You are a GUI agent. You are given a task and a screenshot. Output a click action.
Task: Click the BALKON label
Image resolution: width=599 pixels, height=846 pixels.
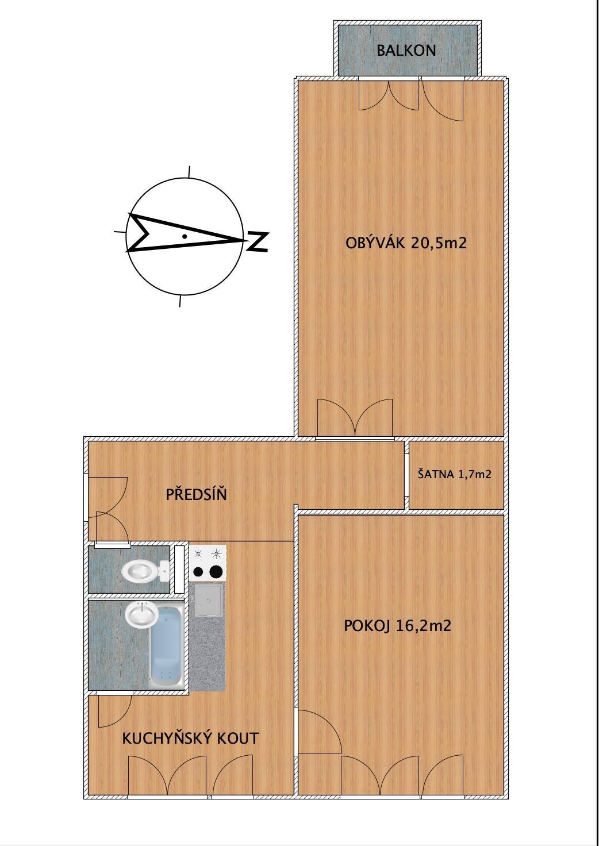pos(406,50)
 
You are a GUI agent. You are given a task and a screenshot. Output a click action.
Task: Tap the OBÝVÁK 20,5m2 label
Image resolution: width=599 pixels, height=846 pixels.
pos(406,243)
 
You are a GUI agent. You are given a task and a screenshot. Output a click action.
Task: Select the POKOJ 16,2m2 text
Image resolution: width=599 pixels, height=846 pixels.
pos(397,626)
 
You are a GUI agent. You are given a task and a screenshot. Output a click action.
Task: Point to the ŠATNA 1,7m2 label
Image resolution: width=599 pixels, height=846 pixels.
pos(455,474)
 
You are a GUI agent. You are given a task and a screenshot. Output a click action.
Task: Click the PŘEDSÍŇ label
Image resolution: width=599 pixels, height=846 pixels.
pos(197,494)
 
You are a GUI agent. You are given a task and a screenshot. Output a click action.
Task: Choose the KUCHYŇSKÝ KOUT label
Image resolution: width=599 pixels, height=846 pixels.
pos(190,738)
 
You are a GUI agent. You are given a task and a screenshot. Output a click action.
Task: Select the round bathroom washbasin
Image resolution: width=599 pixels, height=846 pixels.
pos(141,614)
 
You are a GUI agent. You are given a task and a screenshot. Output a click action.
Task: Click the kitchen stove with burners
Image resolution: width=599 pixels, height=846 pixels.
pos(208,563)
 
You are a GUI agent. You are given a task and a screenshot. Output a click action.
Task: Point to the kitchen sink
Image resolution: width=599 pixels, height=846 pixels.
pos(208,600)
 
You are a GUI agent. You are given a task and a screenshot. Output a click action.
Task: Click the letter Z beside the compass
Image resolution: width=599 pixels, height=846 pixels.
pos(257,242)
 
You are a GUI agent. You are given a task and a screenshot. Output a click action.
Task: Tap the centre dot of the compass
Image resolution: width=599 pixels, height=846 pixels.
pos(185,237)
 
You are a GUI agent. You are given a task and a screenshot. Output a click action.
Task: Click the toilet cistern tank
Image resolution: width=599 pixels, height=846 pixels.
pos(164,571)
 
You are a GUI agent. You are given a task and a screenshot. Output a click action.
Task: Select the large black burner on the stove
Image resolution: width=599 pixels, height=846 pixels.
pos(214,571)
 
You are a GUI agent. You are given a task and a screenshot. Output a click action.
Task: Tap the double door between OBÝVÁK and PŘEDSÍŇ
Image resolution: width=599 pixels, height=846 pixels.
pos(355,418)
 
